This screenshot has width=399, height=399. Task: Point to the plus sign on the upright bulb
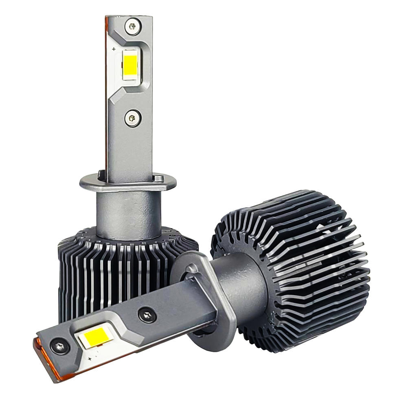point(114,49)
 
